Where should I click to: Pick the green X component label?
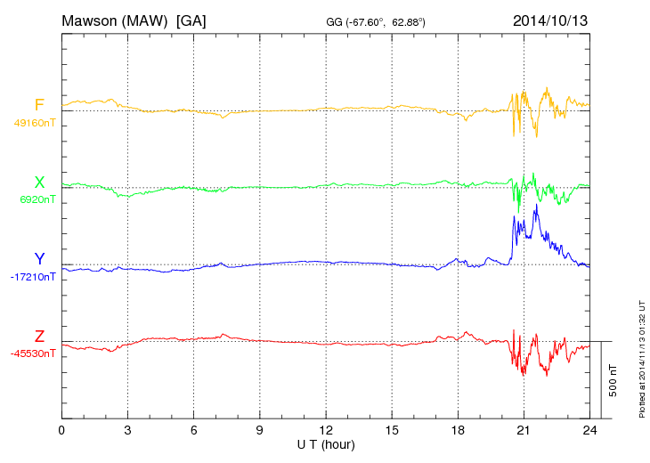click(x=39, y=183)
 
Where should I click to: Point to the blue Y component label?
click(x=39, y=259)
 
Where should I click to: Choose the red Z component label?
click(x=39, y=336)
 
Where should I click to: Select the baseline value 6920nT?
click(x=37, y=199)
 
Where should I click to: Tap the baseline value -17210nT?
click(x=34, y=277)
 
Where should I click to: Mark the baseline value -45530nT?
click(x=34, y=353)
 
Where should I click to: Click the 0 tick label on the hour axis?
click(x=61, y=430)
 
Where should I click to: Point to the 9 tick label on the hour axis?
click(x=260, y=430)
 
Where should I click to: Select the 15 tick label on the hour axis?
click(x=392, y=430)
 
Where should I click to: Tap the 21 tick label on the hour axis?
click(x=524, y=430)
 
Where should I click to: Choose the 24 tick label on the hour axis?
click(x=589, y=430)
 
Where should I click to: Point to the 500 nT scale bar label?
click(x=613, y=379)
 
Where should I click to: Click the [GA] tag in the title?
click(x=191, y=20)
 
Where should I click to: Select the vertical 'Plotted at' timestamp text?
click(x=642, y=357)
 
